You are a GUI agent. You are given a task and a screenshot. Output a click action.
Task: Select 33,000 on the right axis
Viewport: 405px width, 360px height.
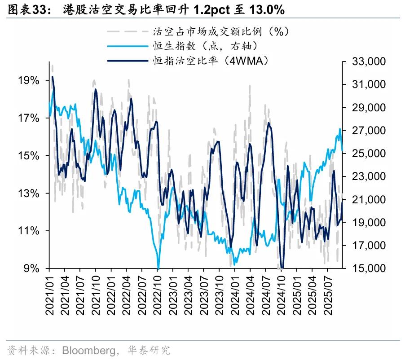coord(363,61)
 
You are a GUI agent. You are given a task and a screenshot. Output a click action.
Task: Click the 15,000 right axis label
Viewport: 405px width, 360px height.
coord(363,268)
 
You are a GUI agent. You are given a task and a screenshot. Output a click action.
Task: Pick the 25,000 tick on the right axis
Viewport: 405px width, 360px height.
coord(363,154)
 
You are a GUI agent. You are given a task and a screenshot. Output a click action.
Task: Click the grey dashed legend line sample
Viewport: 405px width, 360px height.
coord(128,31)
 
